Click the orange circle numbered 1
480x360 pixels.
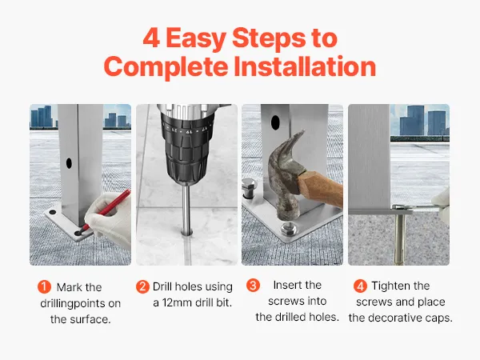point(44,287)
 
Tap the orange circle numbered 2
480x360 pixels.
point(142,287)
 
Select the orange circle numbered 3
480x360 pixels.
point(253,286)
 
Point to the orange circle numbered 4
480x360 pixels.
point(360,286)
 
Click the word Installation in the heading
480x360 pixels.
point(305,66)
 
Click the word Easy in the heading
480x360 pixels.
point(196,39)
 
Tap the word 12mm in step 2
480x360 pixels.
point(177,302)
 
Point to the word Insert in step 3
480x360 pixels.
point(287,285)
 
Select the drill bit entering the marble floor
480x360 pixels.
point(186,210)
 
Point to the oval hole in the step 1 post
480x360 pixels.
point(69,163)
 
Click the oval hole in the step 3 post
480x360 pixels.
point(275,122)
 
